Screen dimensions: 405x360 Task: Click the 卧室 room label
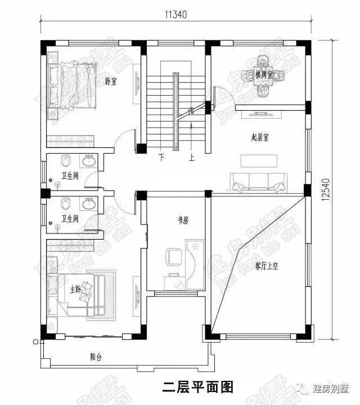111,82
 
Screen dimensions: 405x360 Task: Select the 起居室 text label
259,137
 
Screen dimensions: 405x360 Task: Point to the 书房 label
182,221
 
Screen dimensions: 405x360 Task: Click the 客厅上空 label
267,265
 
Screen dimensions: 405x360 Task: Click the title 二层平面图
197,387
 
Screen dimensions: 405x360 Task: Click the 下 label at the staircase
161,157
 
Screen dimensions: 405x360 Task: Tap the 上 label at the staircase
191,157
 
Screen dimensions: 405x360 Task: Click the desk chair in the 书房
173,257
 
